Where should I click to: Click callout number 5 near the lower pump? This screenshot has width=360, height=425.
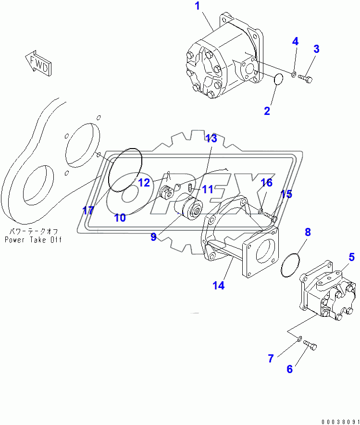point(351,257)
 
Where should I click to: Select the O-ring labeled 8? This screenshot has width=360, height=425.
point(290,266)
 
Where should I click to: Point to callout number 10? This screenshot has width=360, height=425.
point(120,218)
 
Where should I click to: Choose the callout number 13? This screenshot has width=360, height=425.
point(211,139)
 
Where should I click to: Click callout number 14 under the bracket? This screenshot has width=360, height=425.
point(218,285)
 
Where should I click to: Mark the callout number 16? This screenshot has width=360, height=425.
point(266,182)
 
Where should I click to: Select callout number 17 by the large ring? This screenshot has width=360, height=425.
point(87,211)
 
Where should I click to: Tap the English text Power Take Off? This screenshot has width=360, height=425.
point(33,239)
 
